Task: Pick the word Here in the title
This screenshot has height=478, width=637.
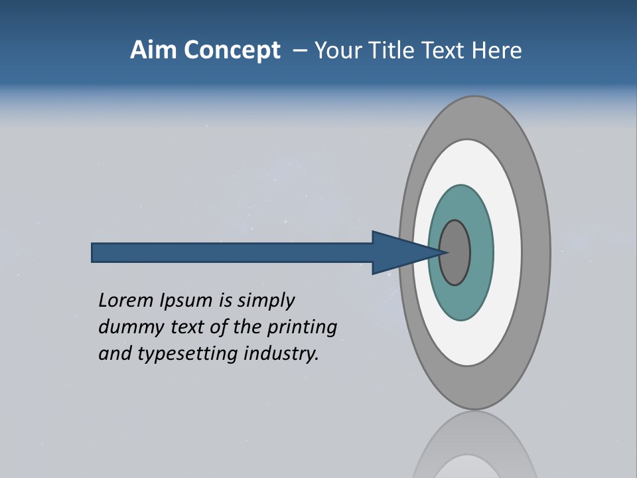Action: [x=496, y=50]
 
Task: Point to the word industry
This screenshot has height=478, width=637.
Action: [x=281, y=355]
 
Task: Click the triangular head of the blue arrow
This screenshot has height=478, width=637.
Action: [x=398, y=252]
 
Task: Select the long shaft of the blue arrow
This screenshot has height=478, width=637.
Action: [x=232, y=252]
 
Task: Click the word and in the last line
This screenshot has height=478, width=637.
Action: [x=113, y=354]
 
